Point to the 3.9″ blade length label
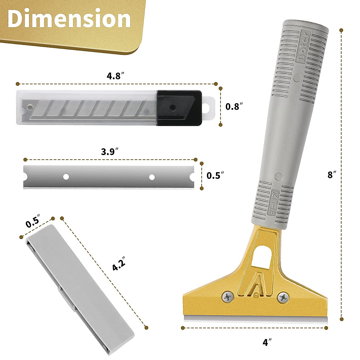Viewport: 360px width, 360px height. click(108, 152)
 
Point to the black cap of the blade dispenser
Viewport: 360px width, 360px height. click(179, 108)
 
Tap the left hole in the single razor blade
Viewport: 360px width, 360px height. click(66, 177)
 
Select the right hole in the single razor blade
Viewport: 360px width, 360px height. click(152, 177)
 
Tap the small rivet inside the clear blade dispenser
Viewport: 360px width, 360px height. click(29, 106)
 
